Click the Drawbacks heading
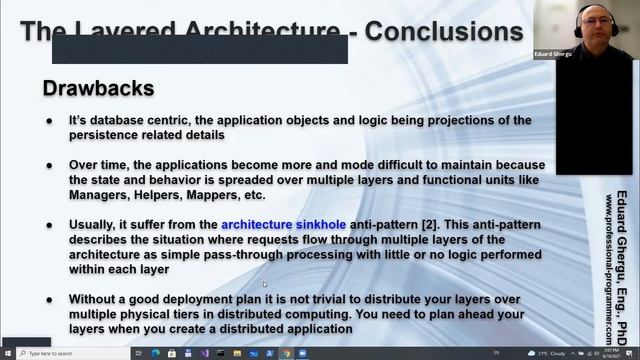(98, 89)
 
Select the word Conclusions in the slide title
(443, 31)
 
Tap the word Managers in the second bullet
(101, 194)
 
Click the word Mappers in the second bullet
(216, 194)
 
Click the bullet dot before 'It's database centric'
(50, 120)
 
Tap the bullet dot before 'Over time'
(50, 165)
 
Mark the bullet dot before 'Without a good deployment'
(50, 299)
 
